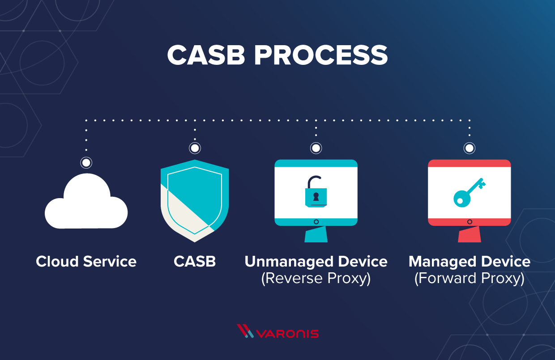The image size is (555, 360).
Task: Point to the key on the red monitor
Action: [x=468, y=192]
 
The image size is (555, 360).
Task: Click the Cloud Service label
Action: [x=86, y=261]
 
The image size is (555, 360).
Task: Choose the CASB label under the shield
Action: [x=195, y=261]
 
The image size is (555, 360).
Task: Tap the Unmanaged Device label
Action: [x=316, y=261]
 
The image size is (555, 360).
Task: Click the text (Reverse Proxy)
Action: [x=316, y=278]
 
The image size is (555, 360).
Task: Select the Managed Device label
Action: [x=470, y=261]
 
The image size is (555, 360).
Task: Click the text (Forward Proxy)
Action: [x=470, y=278]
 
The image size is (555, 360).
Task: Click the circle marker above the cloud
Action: [x=86, y=162]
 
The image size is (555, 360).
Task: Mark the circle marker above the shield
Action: [x=195, y=148]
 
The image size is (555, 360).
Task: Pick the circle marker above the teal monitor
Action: [x=316, y=148]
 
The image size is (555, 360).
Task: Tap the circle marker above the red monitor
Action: [x=470, y=148]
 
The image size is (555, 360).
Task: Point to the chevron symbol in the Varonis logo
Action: [x=245, y=331]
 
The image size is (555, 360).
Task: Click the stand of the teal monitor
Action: [x=316, y=234]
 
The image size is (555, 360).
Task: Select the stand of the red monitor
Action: [x=470, y=234]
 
